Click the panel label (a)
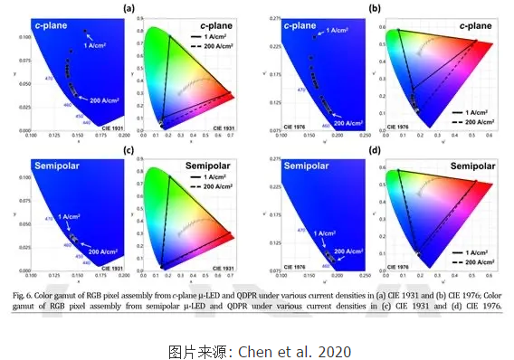[x=130, y=9]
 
